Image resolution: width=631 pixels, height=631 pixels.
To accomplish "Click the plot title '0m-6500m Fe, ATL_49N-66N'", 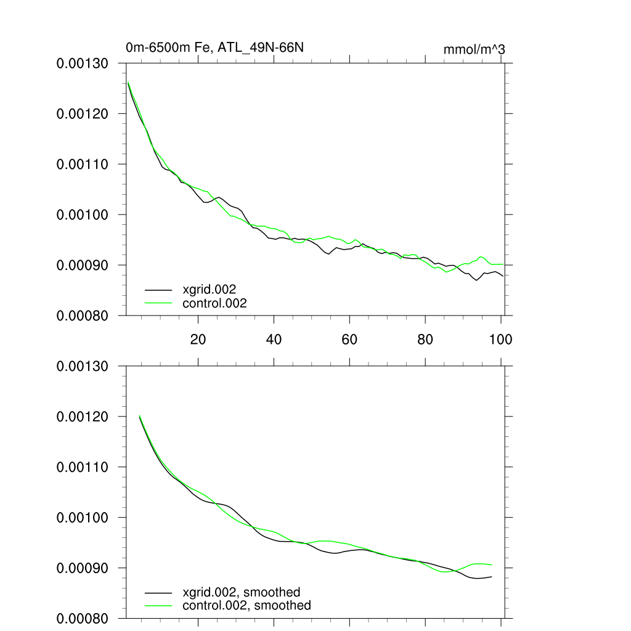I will (214, 47).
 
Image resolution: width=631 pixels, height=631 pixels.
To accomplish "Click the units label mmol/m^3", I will (474, 49).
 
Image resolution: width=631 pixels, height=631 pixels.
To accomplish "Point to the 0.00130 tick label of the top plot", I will (83, 63).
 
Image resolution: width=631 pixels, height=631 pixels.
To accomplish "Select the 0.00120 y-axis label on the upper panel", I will (83, 114).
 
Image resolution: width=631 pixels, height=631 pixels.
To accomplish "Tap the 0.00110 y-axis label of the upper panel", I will (83, 165).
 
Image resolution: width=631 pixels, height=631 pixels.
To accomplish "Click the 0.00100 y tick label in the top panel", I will (83, 215).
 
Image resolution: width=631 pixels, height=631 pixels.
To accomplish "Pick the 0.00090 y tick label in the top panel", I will (83, 265).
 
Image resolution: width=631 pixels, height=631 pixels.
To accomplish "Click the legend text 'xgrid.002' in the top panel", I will (210, 288).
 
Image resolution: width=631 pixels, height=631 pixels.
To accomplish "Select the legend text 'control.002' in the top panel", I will (214, 303).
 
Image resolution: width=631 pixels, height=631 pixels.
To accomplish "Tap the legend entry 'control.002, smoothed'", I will (246, 606).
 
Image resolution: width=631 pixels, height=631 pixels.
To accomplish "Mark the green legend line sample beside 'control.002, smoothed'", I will (158, 606).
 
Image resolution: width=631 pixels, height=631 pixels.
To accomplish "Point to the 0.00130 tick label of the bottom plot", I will (83, 367).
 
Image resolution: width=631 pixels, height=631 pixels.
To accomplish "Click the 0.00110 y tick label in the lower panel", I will (83, 468).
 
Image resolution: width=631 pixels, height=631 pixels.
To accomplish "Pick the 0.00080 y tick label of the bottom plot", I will (83, 618).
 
